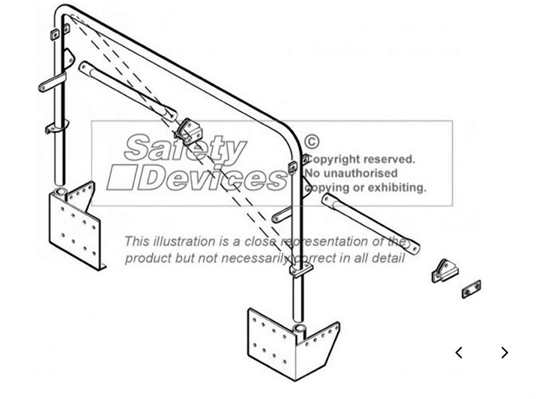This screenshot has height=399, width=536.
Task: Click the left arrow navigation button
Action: click(x=459, y=353)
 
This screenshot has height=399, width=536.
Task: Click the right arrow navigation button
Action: click(x=505, y=353)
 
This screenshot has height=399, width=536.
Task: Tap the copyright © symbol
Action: click(x=312, y=142)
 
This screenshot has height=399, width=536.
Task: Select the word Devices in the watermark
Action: click(x=213, y=178)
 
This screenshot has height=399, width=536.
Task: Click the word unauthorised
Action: click(x=360, y=173)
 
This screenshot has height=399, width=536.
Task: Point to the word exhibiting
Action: click(x=397, y=188)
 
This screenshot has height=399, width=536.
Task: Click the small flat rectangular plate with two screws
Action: click(x=471, y=289)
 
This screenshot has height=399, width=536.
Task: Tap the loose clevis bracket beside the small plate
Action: click(x=445, y=271)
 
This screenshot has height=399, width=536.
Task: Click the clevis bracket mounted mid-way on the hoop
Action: click(x=189, y=132)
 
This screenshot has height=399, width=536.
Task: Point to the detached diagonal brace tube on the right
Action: click(x=371, y=223)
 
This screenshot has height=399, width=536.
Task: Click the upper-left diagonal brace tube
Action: click(x=128, y=91)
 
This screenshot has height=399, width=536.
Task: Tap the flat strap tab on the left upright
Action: click(x=52, y=82)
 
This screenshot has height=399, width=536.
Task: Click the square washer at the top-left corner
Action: click(x=55, y=35)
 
